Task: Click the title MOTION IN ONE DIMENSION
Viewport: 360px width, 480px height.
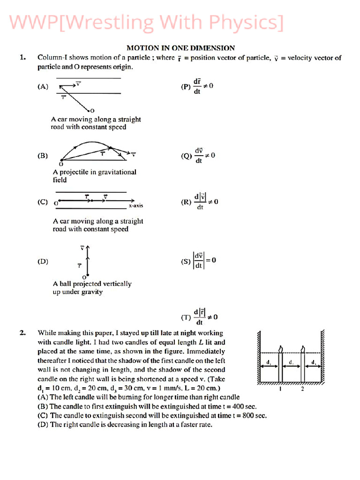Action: tap(180, 48)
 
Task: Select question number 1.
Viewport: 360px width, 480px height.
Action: tap(22, 58)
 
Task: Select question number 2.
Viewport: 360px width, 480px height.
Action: tap(22, 333)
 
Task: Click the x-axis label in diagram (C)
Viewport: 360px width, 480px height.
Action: tap(136, 206)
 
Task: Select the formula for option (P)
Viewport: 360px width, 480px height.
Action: tap(203, 86)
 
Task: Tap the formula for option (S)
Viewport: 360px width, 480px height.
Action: tap(204, 261)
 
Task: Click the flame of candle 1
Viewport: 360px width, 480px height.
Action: tap(281, 349)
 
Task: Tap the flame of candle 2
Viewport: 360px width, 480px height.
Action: tap(303, 349)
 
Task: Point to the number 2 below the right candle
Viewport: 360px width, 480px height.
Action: tap(302, 389)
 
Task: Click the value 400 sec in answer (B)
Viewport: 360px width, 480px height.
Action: tap(244, 406)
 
